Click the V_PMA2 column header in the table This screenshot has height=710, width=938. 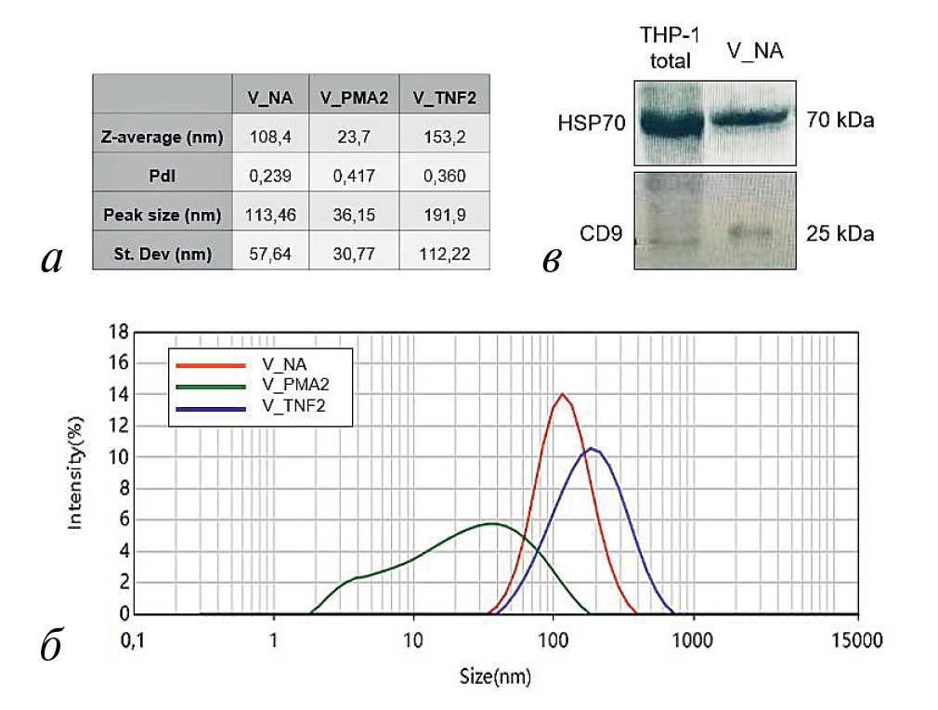click(x=353, y=97)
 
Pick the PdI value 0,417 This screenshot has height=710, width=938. click(x=353, y=177)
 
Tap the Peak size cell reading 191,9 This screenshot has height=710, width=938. click(x=445, y=216)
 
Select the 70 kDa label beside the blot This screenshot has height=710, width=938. click(x=840, y=121)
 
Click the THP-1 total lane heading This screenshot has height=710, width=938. click(x=670, y=48)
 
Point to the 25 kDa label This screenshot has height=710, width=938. click(x=840, y=234)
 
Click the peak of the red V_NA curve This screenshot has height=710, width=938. click(x=562, y=394)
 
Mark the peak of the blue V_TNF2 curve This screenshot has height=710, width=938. click(x=591, y=449)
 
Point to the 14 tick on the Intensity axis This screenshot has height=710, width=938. click(x=120, y=394)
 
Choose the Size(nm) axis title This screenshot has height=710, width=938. click(x=495, y=675)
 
